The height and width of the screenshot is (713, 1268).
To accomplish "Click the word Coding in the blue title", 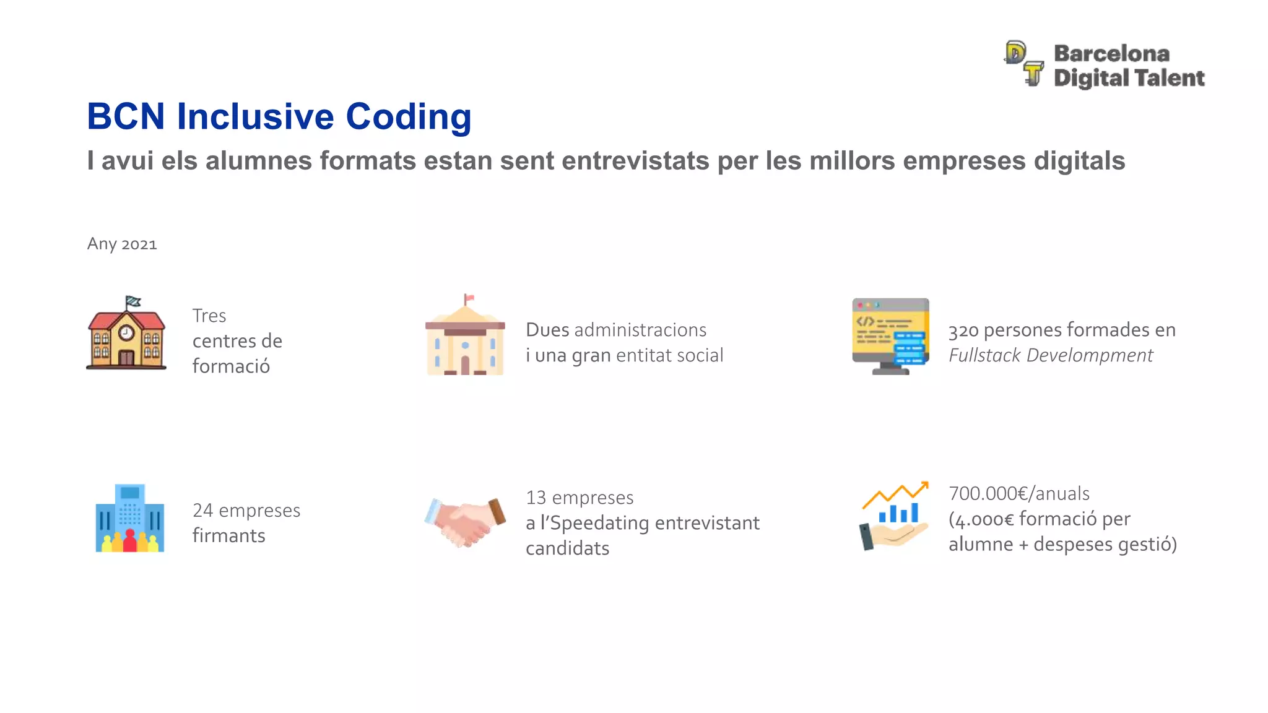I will [x=408, y=116].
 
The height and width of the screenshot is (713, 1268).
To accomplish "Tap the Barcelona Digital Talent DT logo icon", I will [x=1024, y=63].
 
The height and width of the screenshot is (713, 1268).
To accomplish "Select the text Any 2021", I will [x=122, y=244].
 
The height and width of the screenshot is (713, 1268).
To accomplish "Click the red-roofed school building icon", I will [x=126, y=335].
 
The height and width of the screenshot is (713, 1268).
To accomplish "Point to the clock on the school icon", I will [x=126, y=333].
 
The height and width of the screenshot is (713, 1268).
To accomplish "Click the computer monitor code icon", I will [x=890, y=336].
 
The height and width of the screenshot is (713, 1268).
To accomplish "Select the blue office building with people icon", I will [x=130, y=519].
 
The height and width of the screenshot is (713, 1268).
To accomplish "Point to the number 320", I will [x=963, y=331].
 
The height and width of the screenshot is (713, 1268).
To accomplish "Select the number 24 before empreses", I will [x=202, y=511].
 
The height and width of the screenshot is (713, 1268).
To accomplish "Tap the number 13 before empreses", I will [x=536, y=498].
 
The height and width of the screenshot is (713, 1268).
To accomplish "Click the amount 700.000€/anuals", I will [x=1018, y=494].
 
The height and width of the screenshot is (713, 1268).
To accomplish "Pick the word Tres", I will [x=209, y=316].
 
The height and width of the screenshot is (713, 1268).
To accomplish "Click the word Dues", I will [x=547, y=330].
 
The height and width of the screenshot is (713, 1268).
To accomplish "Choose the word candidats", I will [x=567, y=549].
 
